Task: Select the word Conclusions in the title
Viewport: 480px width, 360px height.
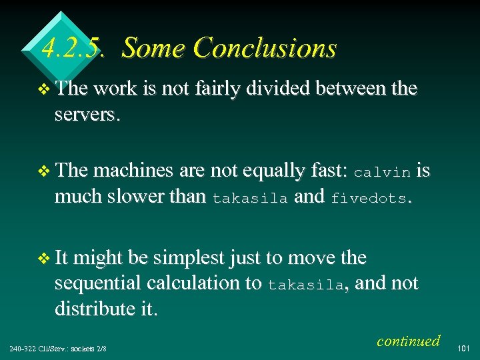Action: (x=265, y=48)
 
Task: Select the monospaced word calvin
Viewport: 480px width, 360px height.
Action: (x=382, y=172)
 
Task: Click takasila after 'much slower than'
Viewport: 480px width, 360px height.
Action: (x=250, y=199)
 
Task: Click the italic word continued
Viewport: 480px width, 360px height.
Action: (x=408, y=341)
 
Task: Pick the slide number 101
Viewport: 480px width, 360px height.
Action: (x=464, y=348)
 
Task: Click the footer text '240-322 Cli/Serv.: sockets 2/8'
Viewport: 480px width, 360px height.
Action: (x=59, y=349)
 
